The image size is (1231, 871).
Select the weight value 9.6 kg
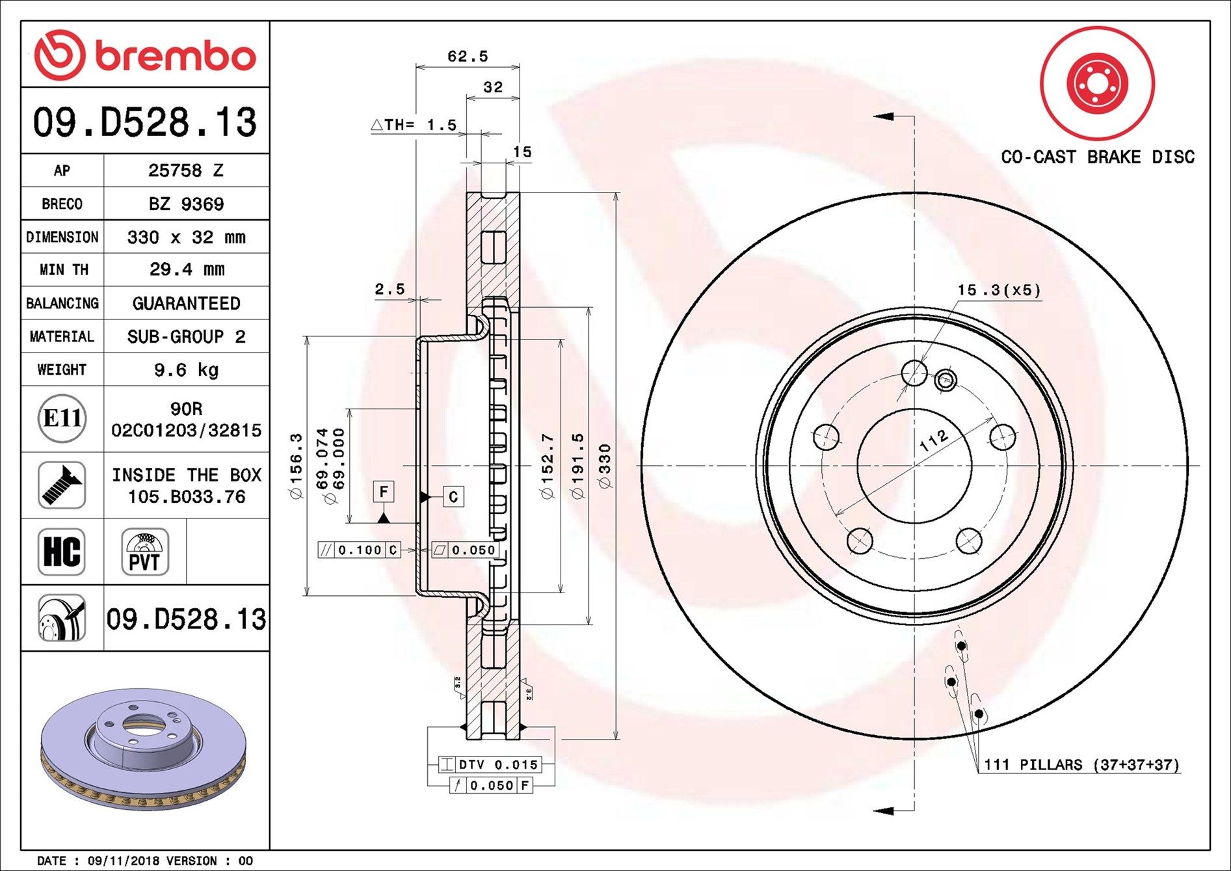pos(186,370)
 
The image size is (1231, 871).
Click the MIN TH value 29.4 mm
pos(186,269)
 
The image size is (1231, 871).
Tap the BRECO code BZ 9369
pos(186,204)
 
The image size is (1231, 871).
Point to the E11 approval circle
pos(62,418)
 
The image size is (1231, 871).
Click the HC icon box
pos(62,552)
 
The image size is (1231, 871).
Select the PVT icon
pos(144,552)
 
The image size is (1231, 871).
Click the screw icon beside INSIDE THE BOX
pos(62,485)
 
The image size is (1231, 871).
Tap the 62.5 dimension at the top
pos(467,57)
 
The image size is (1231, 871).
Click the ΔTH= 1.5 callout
pos(414,125)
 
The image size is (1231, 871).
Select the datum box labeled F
pos(384,492)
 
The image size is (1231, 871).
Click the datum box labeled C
pos(453,497)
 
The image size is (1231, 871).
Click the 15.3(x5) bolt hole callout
pos(999,290)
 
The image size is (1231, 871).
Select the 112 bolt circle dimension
pos(934,442)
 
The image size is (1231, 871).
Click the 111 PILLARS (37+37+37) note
pos(1081,765)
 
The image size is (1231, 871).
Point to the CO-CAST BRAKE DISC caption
pos(1097,157)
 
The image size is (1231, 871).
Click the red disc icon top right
pos(1097,83)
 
